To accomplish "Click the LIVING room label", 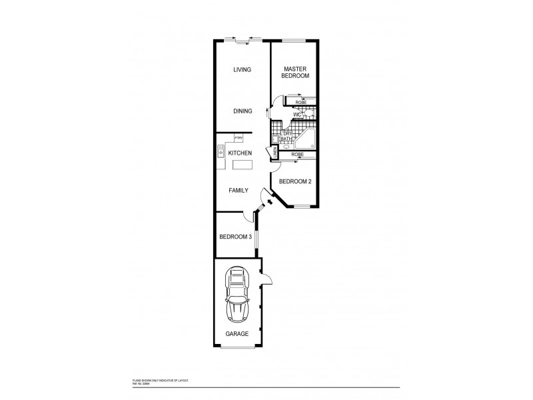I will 241,70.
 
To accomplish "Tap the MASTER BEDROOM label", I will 295,72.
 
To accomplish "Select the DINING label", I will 242,111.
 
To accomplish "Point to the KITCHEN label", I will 239,153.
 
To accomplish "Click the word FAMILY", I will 238,191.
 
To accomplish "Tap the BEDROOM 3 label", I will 235,237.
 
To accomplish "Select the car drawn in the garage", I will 239,295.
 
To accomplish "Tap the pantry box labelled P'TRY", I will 238,138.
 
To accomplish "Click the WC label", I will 297,114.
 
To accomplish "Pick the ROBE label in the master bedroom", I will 300,102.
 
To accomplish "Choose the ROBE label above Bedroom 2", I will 297,154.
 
